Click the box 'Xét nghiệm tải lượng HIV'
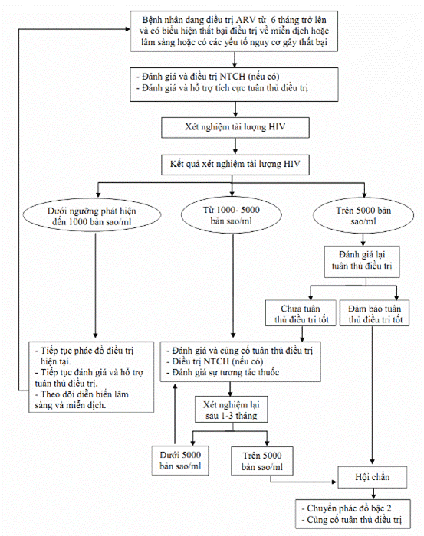tap(235, 128)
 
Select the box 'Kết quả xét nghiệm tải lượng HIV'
tap(235, 165)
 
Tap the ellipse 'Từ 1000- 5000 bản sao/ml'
tap(232, 215)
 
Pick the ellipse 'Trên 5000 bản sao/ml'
tap(363, 215)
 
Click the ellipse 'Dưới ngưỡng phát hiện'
tap(92, 216)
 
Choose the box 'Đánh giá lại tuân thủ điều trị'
tap(362, 262)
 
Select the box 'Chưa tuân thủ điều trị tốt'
tap(301, 312)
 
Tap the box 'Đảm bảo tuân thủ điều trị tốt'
tap(374, 312)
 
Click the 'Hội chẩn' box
tap(373, 477)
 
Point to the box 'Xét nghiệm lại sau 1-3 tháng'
tap(232, 410)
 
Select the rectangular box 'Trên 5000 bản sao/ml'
tap(262, 461)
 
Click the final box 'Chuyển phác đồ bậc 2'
tap(353, 514)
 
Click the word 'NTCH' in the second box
tap(232, 77)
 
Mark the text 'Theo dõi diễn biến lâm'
tap(82, 394)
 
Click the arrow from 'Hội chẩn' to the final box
tap(373, 493)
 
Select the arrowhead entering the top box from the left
tap(127, 29)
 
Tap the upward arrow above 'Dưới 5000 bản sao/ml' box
tap(176, 413)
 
